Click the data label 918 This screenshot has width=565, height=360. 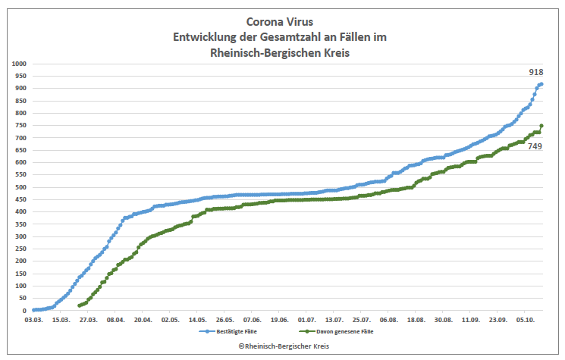click(535, 72)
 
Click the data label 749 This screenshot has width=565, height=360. click(535, 146)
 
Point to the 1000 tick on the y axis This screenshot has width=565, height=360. click(18, 64)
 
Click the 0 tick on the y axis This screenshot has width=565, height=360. click(24, 311)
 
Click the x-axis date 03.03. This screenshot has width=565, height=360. click(33, 321)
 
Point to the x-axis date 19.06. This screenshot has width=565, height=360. click(279, 321)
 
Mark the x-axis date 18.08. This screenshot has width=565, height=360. click(416, 321)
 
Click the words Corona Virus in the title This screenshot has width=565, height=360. click(282, 22)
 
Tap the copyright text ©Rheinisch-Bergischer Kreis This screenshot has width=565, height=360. click(282, 346)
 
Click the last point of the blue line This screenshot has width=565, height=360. click(541, 84)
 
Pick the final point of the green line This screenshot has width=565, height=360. click(541, 126)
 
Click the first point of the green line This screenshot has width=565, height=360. click(80, 305)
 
